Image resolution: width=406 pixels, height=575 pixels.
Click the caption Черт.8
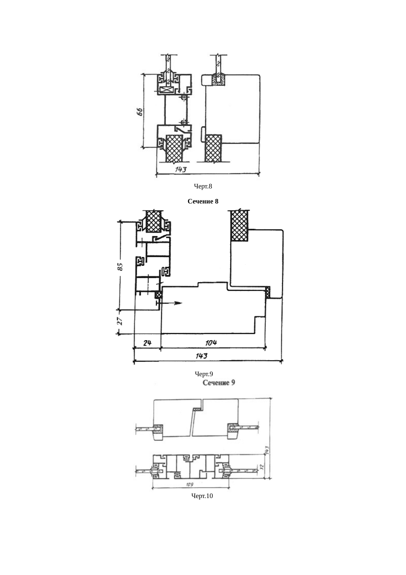[203, 186]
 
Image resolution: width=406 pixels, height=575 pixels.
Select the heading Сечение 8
[203, 201]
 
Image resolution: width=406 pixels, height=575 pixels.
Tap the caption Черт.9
[204, 374]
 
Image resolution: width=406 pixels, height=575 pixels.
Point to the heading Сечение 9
[219, 382]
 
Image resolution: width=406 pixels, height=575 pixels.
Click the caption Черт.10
[202, 496]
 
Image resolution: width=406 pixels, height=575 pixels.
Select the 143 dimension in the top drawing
[180, 169]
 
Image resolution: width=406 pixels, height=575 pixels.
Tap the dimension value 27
[120, 320]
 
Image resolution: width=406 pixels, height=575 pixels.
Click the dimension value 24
[147, 343]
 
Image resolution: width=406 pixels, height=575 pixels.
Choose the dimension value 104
[211, 343]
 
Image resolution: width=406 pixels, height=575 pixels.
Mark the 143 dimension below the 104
[202, 356]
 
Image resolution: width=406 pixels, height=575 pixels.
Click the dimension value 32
[261, 467]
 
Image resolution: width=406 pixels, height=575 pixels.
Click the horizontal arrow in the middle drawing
[170, 303]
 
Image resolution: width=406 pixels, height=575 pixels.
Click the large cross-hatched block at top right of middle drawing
[239, 225]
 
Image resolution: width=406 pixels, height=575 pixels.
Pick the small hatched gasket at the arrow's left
[158, 295]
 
